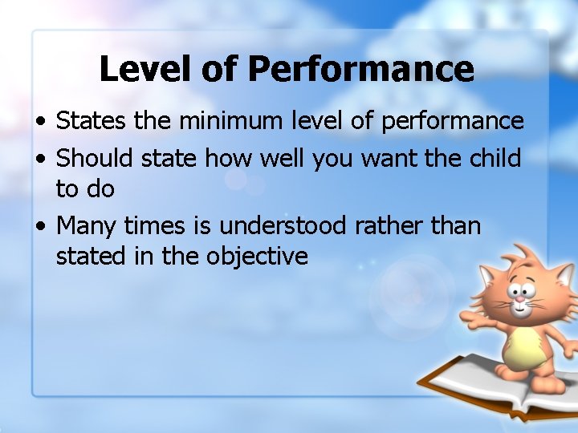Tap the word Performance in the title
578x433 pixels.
click(361, 69)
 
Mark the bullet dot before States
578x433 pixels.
click(39, 123)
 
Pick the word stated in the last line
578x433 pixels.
click(86, 257)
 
